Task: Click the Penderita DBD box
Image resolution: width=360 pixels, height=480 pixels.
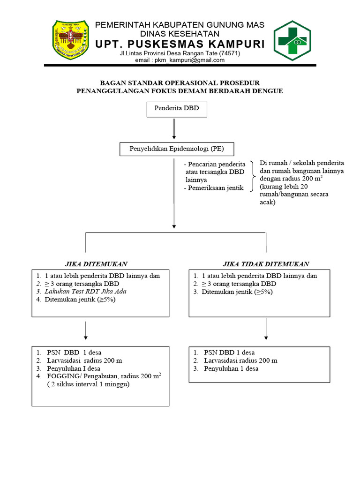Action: coord(174,109)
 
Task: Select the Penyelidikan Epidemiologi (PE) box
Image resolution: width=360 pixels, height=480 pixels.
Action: coord(176,150)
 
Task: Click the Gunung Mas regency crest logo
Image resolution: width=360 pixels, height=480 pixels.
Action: coord(70,41)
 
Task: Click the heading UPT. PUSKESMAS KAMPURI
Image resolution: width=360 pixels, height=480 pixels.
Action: coord(180,45)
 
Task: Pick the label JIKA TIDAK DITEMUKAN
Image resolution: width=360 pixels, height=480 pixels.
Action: coord(266,264)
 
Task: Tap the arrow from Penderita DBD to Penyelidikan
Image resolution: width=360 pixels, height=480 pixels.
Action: coord(174,129)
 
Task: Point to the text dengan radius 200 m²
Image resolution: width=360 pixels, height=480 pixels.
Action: coord(291,179)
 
